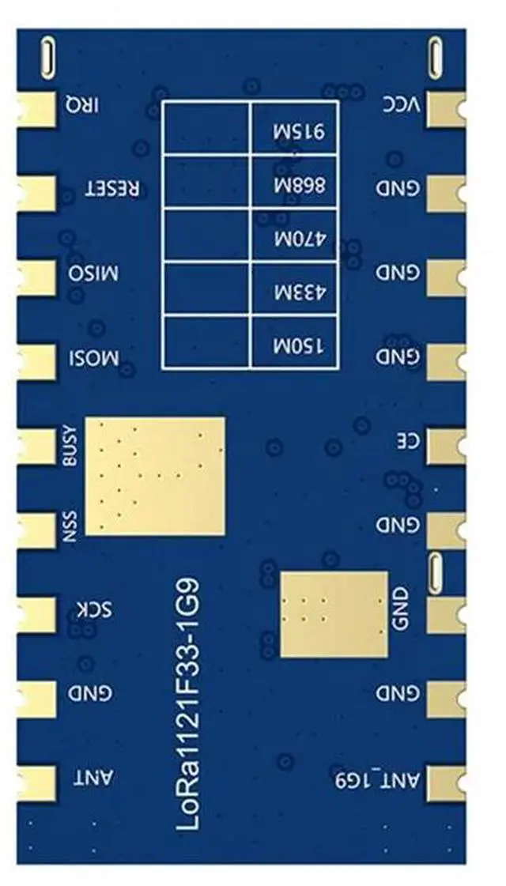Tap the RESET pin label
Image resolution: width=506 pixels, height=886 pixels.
point(114,190)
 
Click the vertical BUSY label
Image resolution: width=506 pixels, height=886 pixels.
point(71,447)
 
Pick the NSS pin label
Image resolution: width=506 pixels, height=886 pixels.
point(71,527)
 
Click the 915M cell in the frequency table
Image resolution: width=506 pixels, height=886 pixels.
point(294,129)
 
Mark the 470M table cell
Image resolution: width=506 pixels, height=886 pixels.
point(294,236)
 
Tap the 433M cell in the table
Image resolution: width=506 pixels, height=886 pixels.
point(294,290)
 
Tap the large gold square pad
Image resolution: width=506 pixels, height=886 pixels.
point(155,477)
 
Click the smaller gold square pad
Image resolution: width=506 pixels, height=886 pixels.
point(334,615)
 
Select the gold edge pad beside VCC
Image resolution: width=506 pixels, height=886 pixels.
point(446,108)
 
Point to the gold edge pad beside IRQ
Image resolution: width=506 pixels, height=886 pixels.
point(36,108)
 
